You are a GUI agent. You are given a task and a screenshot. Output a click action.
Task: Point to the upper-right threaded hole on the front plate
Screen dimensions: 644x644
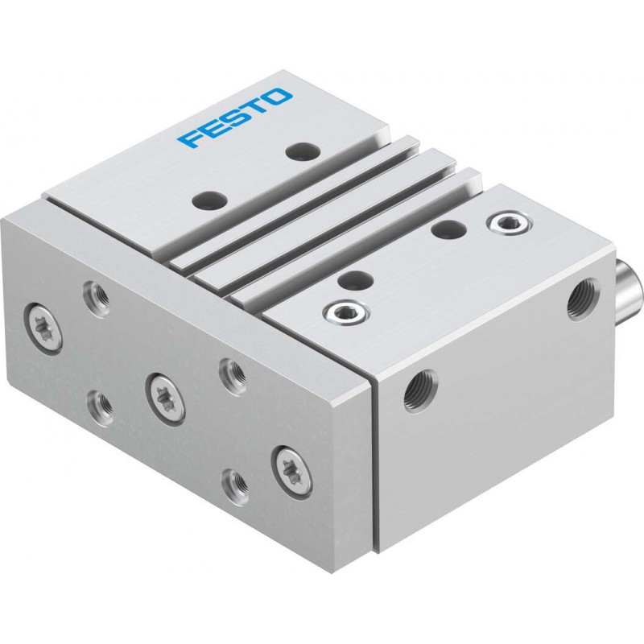click(x=233, y=371)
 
